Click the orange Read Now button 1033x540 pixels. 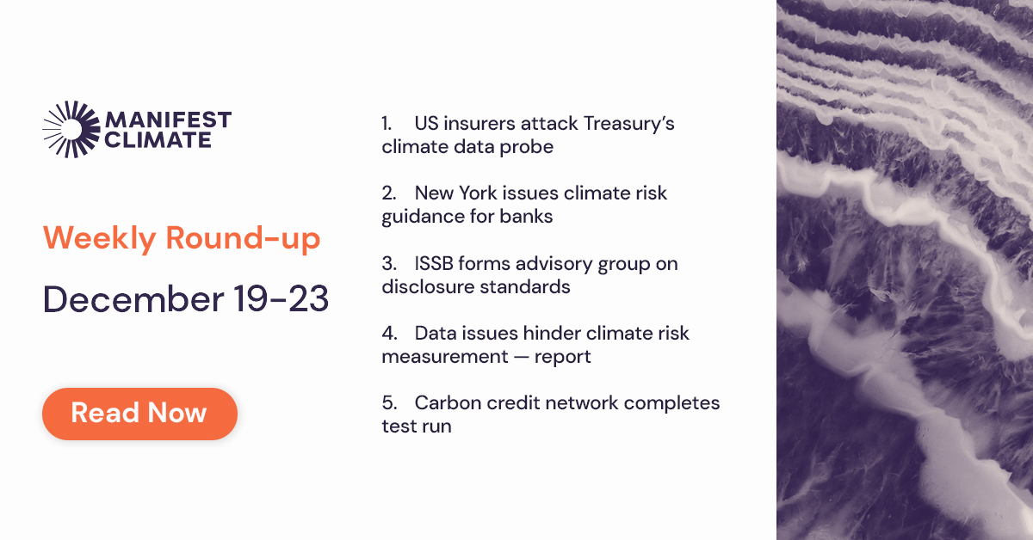pyautogui.click(x=139, y=413)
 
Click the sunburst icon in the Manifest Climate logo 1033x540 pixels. pyautogui.click(x=68, y=129)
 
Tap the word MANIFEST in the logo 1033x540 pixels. pyautogui.click(x=168, y=120)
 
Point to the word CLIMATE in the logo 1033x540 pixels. pyautogui.click(x=158, y=139)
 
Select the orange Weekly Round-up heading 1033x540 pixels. pyautogui.click(x=182, y=238)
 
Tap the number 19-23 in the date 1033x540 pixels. pyautogui.click(x=281, y=299)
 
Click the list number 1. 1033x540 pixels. pyautogui.click(x=388, y=124)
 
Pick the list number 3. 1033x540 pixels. pyautogui.click(x=388, y=264)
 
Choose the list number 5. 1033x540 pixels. pyautogui.click(x=388, y=403)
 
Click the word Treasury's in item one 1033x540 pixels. pyautogui.click(x=628, y=124)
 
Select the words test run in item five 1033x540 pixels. pyautogui.click(x=417, y=426)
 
